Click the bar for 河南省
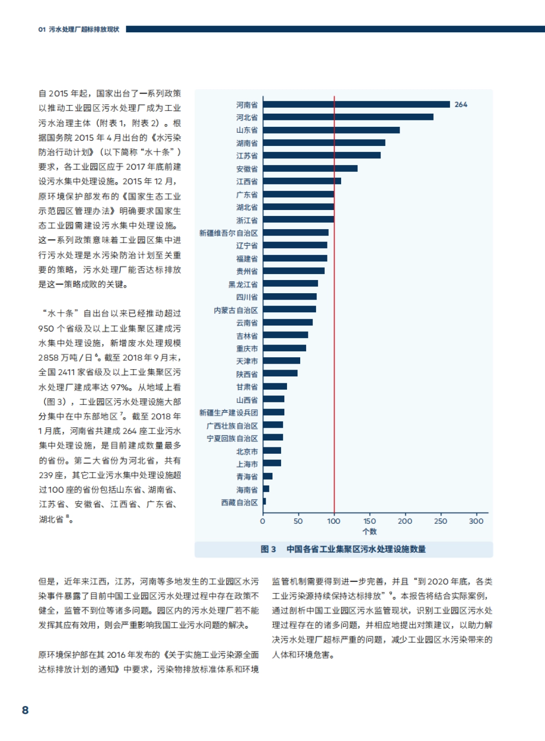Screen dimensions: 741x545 click(356, 105)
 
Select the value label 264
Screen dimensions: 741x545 click(461, 105)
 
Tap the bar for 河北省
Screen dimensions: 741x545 click(348, 117)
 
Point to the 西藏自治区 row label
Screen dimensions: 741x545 click(239, 502)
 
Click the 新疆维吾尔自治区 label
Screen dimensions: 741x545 click(228, 233)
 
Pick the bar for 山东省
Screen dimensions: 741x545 click(331, 130)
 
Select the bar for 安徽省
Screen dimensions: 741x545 click(310, 169)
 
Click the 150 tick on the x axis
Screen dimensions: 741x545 click(369, 521)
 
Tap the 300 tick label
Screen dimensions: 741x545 click(476, 521)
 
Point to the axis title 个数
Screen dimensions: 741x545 click(369, 531)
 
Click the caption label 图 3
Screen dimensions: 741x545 click(268, 549)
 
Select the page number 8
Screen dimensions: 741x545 click(25, 710)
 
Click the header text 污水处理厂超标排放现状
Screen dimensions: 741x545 click(84, 29)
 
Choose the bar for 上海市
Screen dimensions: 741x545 click(272, 463)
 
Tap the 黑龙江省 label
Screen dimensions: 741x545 click(243, 285)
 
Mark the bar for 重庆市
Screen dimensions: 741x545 click(284, 348)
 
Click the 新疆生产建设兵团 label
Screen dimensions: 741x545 click(228, 412)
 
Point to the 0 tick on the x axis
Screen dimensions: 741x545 click(263, 521)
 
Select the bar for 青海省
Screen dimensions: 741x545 click(268, 476)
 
